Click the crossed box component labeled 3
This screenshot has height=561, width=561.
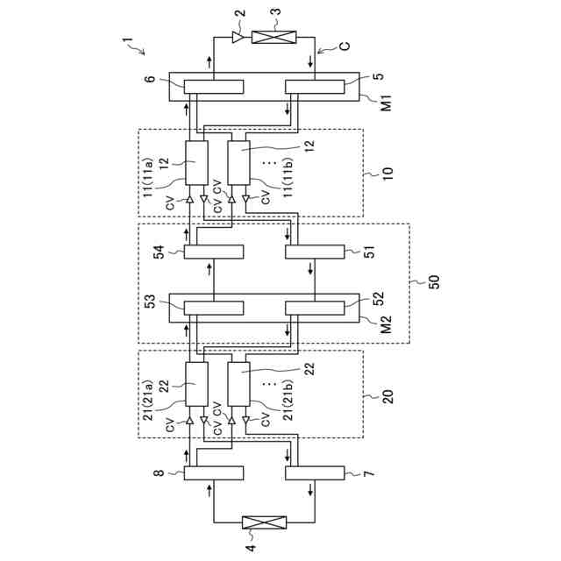click(x=273, y=38)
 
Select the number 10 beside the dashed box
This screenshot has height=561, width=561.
click(x=387, y=174)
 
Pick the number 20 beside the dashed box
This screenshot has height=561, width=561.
click(x=387, y=395)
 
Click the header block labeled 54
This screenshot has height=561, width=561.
click(x=214, y=252)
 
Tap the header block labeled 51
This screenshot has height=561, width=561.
click(x=315, y=252)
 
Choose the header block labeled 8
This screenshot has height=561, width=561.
click(x=214, y=473)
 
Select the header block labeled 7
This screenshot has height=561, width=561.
click(x=315, y=473)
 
